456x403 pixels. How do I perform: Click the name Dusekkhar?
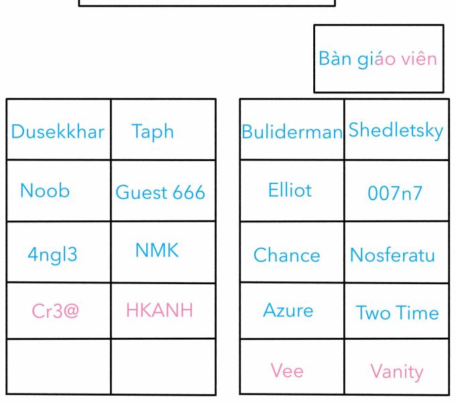tap(58, 132)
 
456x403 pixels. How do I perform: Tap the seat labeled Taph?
tap(153, 132)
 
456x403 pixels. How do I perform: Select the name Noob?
tap(45, 191)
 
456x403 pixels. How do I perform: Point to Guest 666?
tap(160, 192)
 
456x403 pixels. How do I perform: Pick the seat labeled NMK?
tap(157, 250)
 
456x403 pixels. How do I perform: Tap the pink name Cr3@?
tap(55, 311)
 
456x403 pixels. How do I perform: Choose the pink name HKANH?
tap(160, 310)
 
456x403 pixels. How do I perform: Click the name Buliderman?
tap(292, 132)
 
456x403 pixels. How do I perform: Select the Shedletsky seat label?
tap(396, 131)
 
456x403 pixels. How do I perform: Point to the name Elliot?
tap(290, 190)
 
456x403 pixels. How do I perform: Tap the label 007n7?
tap(395, 193)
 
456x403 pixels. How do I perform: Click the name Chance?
tap(287, 255)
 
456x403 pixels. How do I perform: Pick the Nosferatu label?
tap(392, 255)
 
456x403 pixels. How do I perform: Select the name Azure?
tap(288, 310)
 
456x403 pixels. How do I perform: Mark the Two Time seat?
tap(397, 313)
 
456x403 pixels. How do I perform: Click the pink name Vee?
tap(287, 371)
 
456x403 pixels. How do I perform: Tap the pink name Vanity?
tap(397, 372)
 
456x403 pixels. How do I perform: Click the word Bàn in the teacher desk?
tap(335, 58)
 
